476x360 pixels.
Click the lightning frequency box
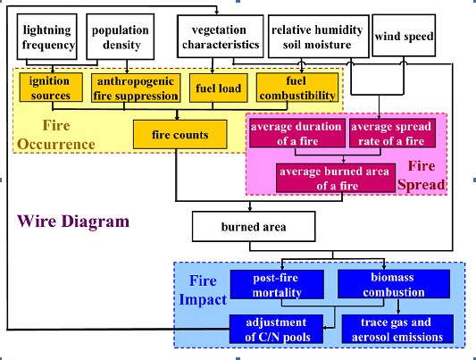pos(46,37)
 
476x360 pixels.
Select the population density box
pos(121,37)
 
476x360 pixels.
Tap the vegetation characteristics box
pos(221,37)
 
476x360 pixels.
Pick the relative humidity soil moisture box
pos(319,37)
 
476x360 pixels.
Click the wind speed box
pos(404,36)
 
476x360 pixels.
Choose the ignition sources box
pos(51,88)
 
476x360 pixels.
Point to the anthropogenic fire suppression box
pos(136,88)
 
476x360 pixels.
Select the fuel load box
pos(219,88)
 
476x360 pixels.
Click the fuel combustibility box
pos(297,88)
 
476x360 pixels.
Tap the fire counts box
pos(180,135)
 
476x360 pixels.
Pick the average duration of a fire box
pos(297,133)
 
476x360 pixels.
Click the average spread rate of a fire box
pos(392,133)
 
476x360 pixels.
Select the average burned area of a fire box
pos(336,178)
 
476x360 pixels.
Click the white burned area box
pos(254,227)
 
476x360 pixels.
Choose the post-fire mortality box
pos(277,284)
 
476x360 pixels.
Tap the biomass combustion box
pos(394,284)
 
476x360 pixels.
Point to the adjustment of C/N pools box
pos(276,329)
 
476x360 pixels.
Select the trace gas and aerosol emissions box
pos(397,329)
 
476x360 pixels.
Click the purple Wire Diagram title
pos(73,222)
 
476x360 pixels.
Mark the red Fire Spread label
pos(422,175)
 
